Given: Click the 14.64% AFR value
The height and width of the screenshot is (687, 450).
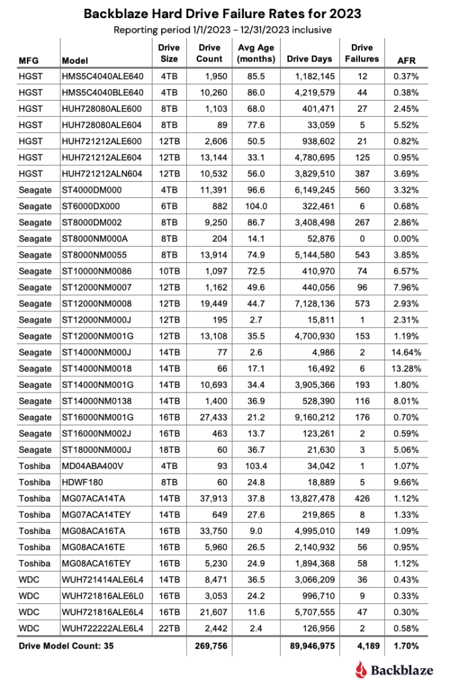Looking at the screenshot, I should coord(406,352).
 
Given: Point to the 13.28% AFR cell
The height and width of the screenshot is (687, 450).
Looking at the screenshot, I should coord(406,369).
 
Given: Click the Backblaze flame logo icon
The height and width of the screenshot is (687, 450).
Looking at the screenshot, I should coord(362,668).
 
